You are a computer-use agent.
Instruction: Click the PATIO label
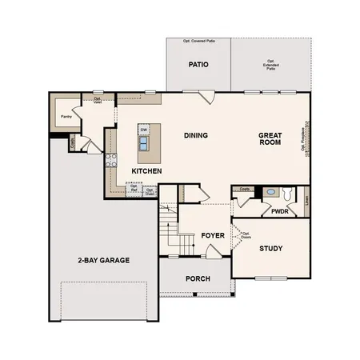click(x=198, y=64)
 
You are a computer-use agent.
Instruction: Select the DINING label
click(x=195, y=135)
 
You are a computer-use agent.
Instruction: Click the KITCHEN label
click(x=147, y=171)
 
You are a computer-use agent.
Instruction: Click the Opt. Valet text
click(x=97, y=101)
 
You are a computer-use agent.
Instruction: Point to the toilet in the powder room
click(x=271, y=193)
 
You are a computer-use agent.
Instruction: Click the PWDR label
click(x=280, y=213)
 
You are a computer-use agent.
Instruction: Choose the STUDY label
click(x=271, y=248)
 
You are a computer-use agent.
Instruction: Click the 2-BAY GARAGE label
click(x=104, y=260)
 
